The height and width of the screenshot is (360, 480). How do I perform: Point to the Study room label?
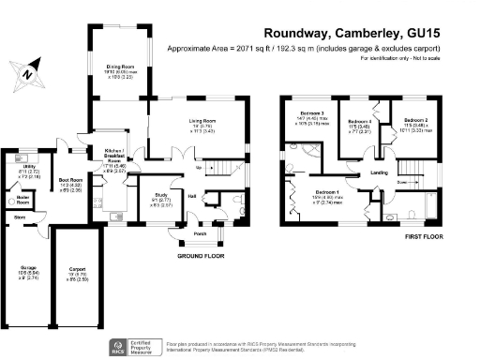click(161, 195)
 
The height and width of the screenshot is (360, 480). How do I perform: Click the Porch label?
click(199, 234)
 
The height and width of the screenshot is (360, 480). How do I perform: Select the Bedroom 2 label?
click(416, 121)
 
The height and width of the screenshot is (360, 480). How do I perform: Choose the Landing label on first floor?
click(380, 173)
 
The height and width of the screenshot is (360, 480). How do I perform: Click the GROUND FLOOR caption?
click(200, 255)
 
